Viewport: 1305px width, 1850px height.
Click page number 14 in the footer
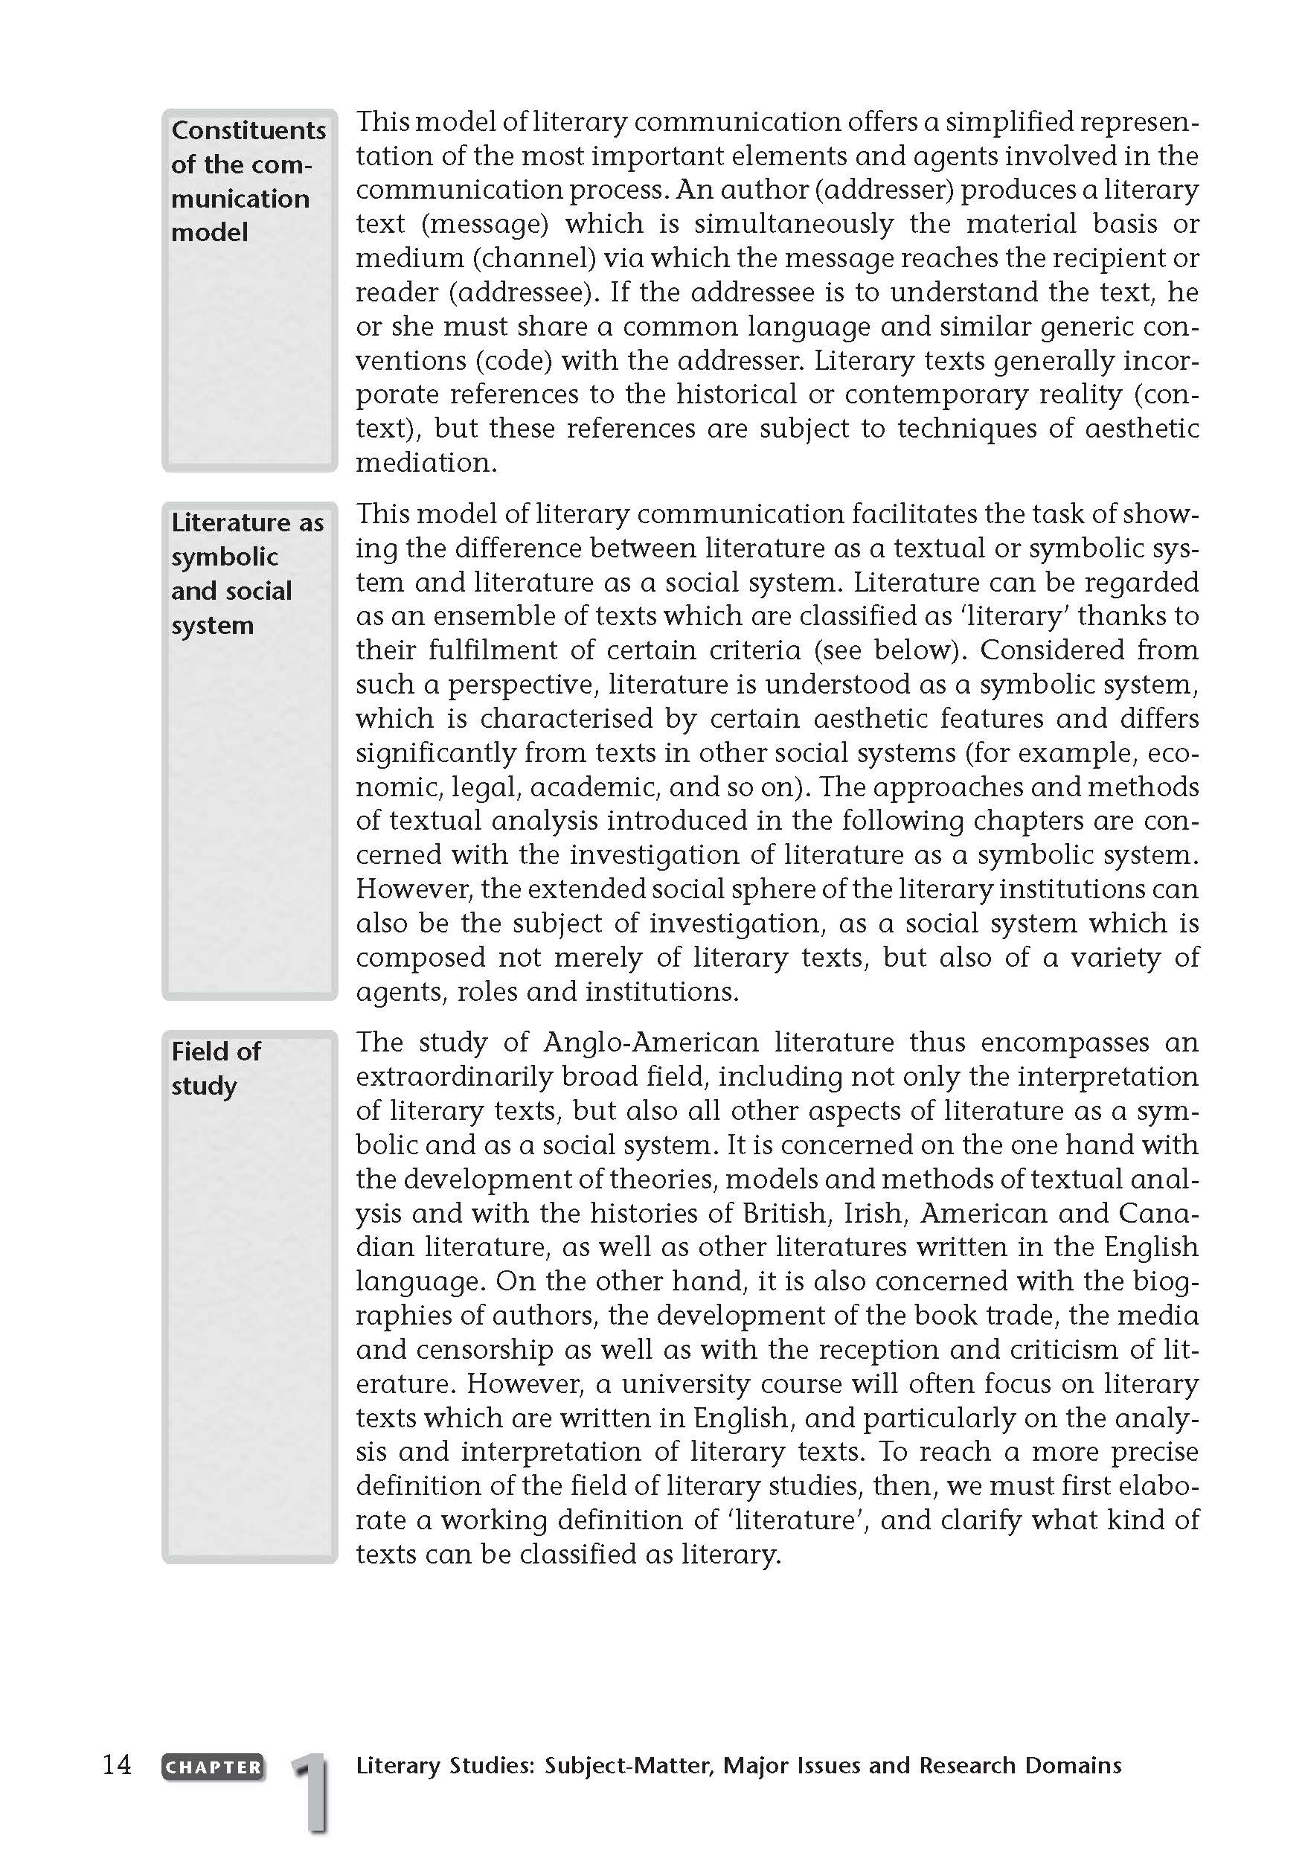click(117, 1764)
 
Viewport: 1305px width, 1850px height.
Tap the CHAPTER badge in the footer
click(213, 1766)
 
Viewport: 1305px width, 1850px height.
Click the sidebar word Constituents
click(248, 130)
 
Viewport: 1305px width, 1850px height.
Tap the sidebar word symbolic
click(225, 557)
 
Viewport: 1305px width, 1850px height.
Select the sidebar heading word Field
click(193, 1052)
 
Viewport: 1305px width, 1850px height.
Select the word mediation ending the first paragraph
click(426, 463)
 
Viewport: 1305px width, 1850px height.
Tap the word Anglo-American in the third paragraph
click(651, 1043)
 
